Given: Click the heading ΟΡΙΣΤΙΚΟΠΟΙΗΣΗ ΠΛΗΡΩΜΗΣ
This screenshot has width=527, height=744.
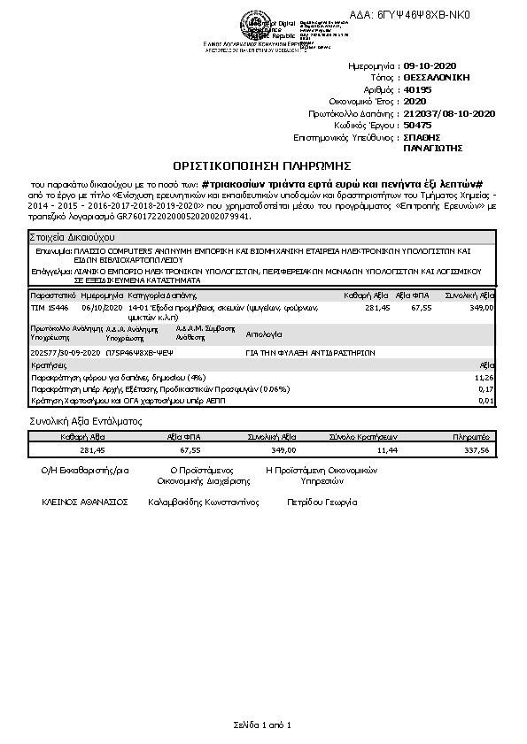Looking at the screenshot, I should pos(262,165).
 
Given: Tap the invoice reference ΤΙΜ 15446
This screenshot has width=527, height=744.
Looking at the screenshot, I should pos(50,307).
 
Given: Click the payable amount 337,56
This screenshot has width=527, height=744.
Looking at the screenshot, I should pos(477,450).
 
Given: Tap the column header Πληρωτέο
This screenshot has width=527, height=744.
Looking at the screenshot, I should pos(472,437).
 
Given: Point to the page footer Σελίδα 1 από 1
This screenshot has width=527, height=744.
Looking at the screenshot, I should pos(262,726).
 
